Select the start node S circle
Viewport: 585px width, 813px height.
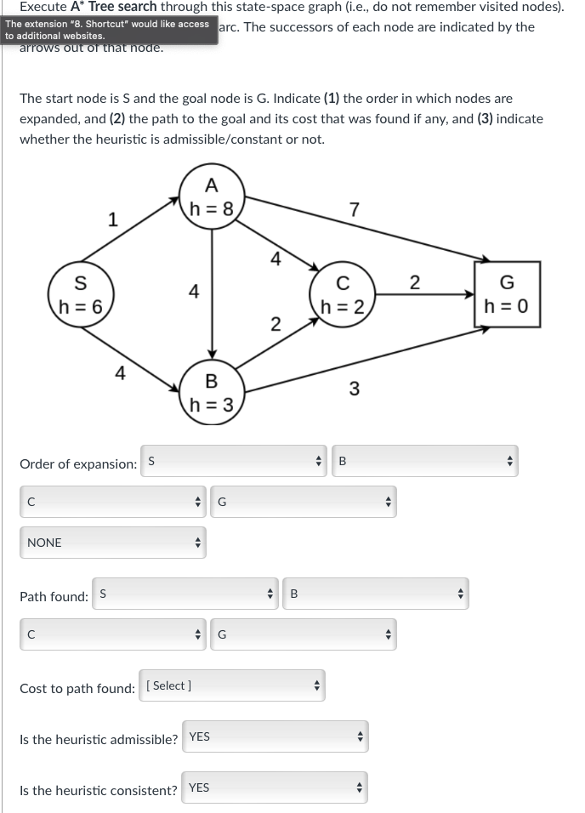pos(79,294)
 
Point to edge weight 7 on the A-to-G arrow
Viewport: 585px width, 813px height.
pos(355,208)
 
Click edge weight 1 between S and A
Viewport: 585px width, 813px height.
pos(113,219)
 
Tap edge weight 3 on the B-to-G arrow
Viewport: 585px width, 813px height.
pos(355,389)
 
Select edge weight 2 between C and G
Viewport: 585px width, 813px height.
pos(415,283)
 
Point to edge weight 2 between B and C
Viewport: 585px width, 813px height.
pos(275,322)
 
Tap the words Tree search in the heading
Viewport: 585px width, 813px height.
pos(123,7)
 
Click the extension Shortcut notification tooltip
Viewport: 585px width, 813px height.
pos(108,29)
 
